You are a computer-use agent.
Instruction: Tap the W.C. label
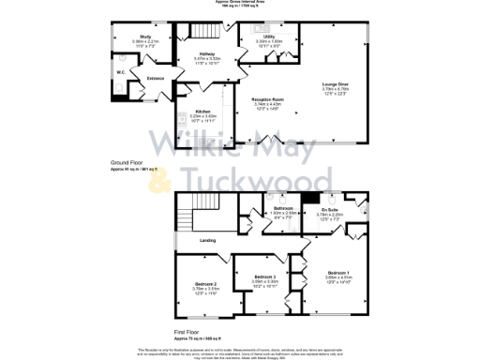122,72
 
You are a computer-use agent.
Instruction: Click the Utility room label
269,37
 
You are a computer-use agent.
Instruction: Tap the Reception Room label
267,98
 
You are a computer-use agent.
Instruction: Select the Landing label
207,241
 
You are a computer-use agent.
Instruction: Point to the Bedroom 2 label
206,284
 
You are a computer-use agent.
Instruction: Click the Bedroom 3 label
264,277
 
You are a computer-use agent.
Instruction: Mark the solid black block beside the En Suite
306,199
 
